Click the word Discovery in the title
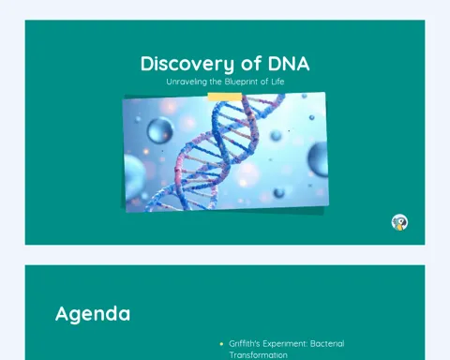pyautogui.click(x=187, y=64)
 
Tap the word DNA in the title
pyautogui.click(x=289, y=64)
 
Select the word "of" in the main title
pyautogui.click(x=251, y=63)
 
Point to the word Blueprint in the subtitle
pyautogui.click(x=241, y=82)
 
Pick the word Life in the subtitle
pyautogui.click(x=277, y=82)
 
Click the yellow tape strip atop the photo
pyautogui.click(x=225, y=97)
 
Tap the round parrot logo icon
pyautogui.click(x=399, y=222)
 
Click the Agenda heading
pyautogui.click(x=93, y=314)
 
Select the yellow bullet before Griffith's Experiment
pyautogui.click(x=221, y=344)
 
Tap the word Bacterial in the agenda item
pyautogui.click(x=327, y=344)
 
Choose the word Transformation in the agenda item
pyautogui.click(x=258, y=355)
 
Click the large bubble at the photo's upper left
pyautogui.click(x=159, y=130)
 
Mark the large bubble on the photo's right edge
pyautogui.click(x=318, y=158)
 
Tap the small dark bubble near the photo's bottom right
pyautogui.click(x=278, y=193)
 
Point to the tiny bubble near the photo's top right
pyautogui.click(x=311, y=117)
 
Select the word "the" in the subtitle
pyautogui.click(x=216, y=82)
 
